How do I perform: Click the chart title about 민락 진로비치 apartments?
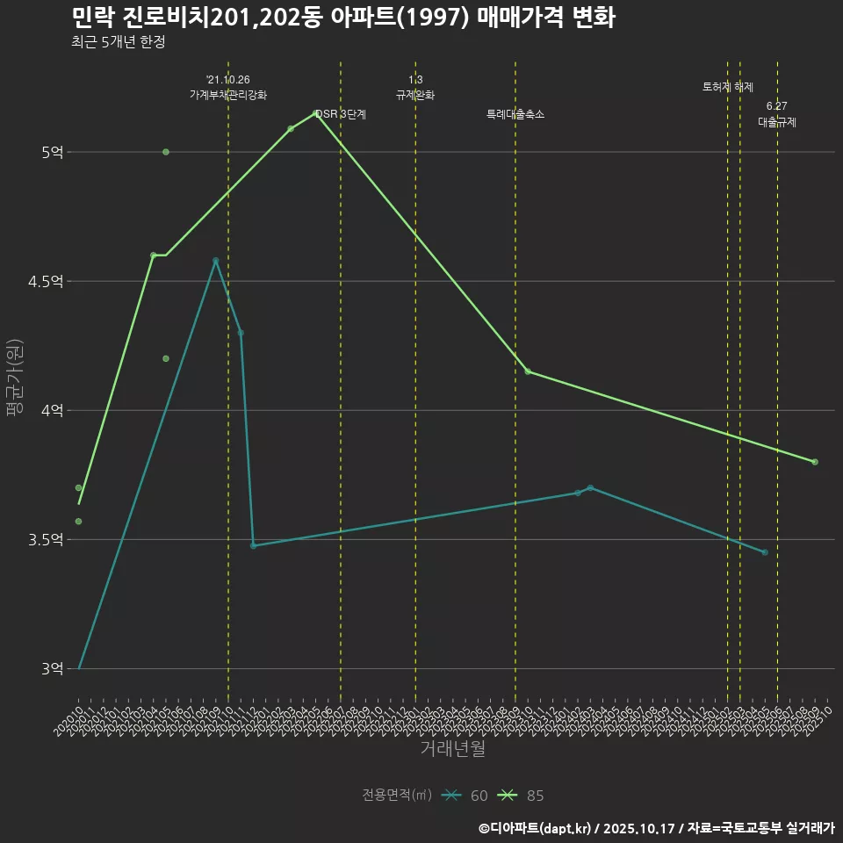click(x=342, y=18)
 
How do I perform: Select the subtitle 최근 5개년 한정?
click(x=118, y=41)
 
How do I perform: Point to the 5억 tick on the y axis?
click(x=53, y=153)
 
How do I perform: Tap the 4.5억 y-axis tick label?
click(x=47, y=282)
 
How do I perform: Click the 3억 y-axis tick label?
click(x=53, y=669)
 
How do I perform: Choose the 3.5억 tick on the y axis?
click(x=47, y=540)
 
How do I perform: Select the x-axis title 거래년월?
click(x=452, y=749)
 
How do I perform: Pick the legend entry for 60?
click(x=465, y=796)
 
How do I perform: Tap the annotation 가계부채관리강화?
click(x=228, y=95)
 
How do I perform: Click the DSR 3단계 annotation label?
click(x=341, y=114)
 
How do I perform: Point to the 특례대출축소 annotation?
click(x=515, y=114)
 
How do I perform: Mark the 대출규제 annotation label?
click(x=777, y=123)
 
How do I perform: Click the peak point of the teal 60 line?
click(x=215, y=261)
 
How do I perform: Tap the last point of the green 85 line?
click(x=815, y=462)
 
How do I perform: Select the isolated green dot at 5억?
click(x=166, y=152)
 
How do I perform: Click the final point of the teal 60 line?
click(x=765, y=552)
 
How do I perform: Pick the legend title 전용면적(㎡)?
click(x=397, y=796)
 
